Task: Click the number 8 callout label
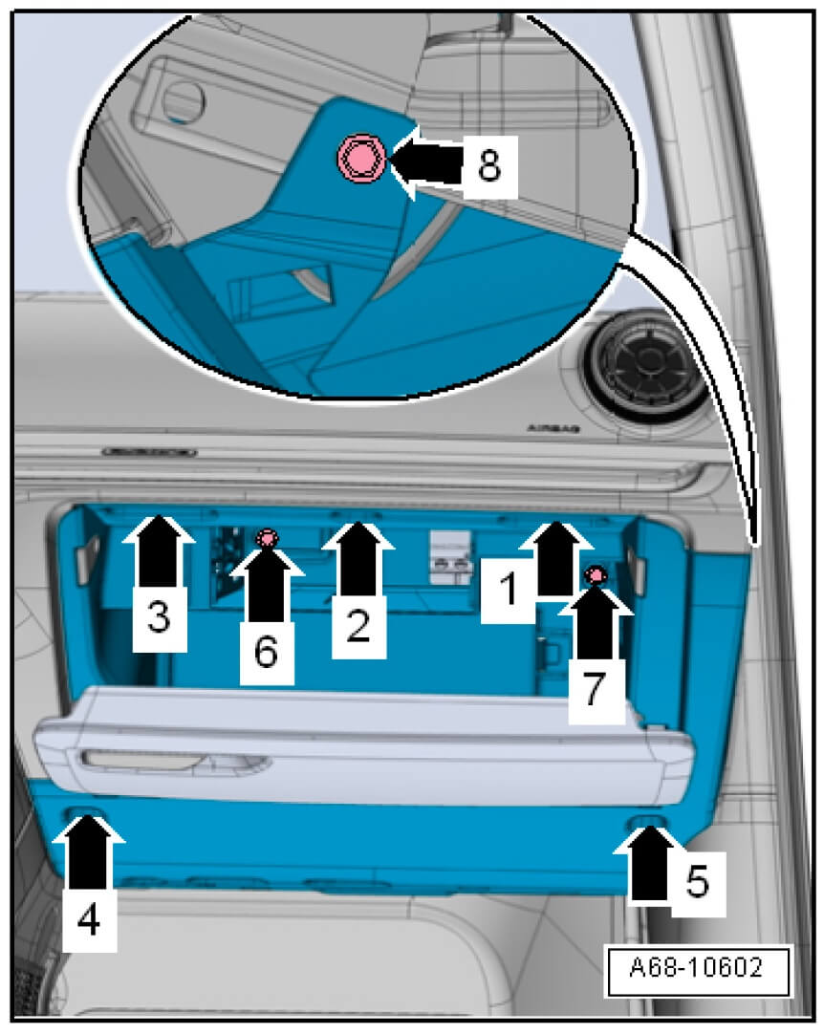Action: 489,165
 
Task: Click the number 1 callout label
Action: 508,589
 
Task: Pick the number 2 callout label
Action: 358,625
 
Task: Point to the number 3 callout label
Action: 159,617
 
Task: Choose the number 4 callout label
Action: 88,919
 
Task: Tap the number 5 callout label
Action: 698,882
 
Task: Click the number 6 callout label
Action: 266,652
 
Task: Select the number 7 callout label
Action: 596,688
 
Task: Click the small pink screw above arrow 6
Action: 267,539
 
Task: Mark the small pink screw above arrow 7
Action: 596,575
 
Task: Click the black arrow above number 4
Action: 88,851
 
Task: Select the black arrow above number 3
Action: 159,550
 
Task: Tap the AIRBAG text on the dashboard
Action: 553,429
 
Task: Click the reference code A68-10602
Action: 697,967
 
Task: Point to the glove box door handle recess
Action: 175,761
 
